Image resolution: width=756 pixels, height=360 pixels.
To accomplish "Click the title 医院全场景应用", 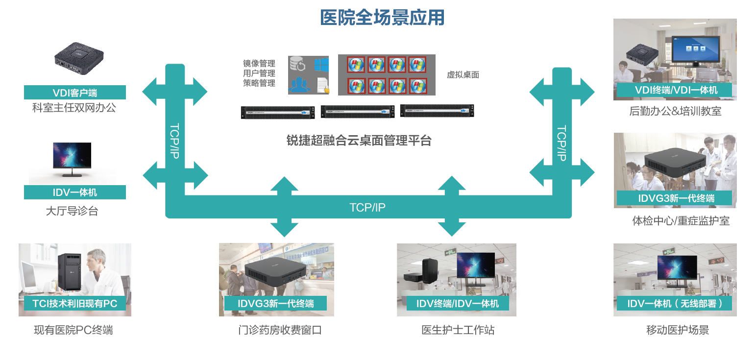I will pos(382,18).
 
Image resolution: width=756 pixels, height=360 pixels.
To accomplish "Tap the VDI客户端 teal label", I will pos(75,93).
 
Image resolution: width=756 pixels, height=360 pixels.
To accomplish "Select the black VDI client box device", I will pos(79,60).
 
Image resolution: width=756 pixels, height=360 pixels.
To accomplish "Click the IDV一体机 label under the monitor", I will pos(75,192).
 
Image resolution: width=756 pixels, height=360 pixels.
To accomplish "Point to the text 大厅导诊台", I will pos(72,212).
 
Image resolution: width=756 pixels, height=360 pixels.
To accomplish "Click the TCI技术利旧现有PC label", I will pos(75,304).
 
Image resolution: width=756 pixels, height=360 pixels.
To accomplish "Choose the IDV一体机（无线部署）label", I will pos(675,304).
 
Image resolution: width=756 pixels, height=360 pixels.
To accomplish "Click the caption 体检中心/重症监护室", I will pos(681,221).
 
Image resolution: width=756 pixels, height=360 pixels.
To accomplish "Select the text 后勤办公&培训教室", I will pos(675,111).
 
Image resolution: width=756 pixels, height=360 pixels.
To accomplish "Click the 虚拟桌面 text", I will pos(463,75).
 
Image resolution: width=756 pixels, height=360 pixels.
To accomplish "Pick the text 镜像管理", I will pos(259,64).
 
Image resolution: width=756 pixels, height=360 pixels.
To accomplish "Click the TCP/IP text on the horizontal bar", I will pos(367,208).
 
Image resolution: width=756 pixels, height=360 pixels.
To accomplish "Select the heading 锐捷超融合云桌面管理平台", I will pos(359,141).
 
